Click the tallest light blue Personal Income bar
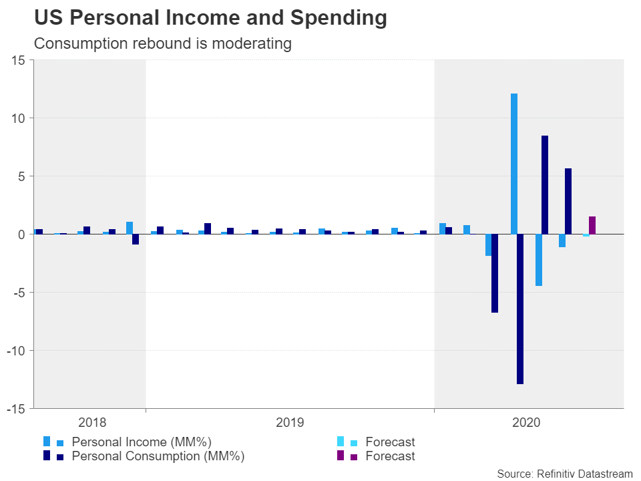point(514,164)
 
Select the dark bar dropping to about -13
point(520,309)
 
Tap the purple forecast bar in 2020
point(592,225)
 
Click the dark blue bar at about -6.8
point(495,273)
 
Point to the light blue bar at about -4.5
point(538,260)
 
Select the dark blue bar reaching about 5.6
point(568,201)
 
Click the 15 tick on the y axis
point(19,61)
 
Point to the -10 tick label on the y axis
point(16,351)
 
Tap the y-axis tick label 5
point(22,176)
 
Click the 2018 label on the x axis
point(92,422)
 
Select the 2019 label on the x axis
point(290,422)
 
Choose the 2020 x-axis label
point(527,422)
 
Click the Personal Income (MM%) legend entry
point(141,442)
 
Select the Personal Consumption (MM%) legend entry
point(158,457)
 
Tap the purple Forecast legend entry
point(390,457)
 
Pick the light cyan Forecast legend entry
point(390,442)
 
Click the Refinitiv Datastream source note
point(564,474)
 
